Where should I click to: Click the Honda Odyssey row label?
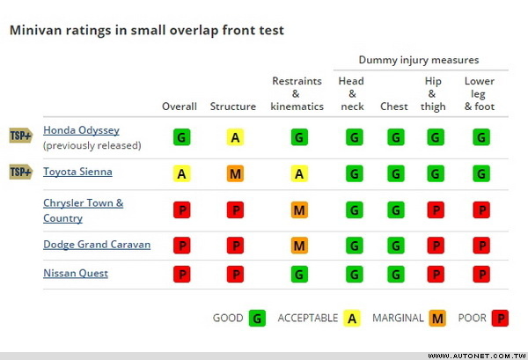[x=81, y=130]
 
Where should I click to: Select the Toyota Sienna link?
[x=77, y=172]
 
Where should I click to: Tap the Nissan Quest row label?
[x=76, y=273]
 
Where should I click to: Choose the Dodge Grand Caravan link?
[x=97, y=245]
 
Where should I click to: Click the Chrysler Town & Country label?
[x=84, y=210]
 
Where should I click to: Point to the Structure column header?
[x=233, y=107]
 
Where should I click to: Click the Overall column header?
[x=180, y=107]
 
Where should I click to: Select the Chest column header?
[x=394, y=107]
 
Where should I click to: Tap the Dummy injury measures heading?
[x=419, y=60]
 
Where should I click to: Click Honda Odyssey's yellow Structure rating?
[x=235, y=137]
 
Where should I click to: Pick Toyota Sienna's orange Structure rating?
[x=235, y=173]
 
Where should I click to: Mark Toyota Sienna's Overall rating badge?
[x=182, y=173]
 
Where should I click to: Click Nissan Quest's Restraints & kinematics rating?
[x=299, y=274]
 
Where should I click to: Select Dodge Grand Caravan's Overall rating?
[x=182, y=245]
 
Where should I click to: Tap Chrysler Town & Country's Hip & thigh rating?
[x=435, y=210]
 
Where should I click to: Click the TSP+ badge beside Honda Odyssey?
[x=20, y=135]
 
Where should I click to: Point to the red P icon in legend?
[x=500, y=318]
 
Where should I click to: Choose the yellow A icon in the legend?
[x=352, y=318]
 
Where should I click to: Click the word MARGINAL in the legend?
[x=398, y=318]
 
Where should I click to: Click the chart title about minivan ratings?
[x=146, y=30]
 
